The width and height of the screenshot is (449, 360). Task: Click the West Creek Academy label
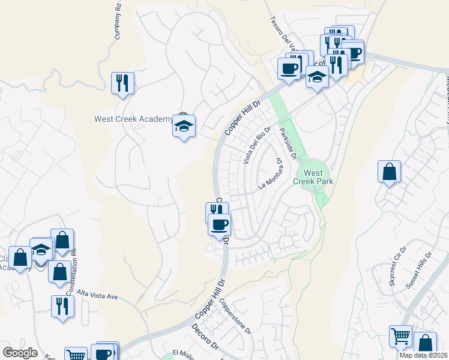[133, 119]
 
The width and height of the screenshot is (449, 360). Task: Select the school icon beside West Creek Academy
[184, 126]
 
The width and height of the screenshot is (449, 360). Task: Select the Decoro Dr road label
[208, 339]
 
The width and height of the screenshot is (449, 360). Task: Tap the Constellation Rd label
[74, 270]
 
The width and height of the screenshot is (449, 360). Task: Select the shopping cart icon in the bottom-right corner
[400, 337]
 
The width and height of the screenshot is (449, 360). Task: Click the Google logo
[20, 353]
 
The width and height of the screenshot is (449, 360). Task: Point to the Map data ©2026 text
[423, 355]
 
